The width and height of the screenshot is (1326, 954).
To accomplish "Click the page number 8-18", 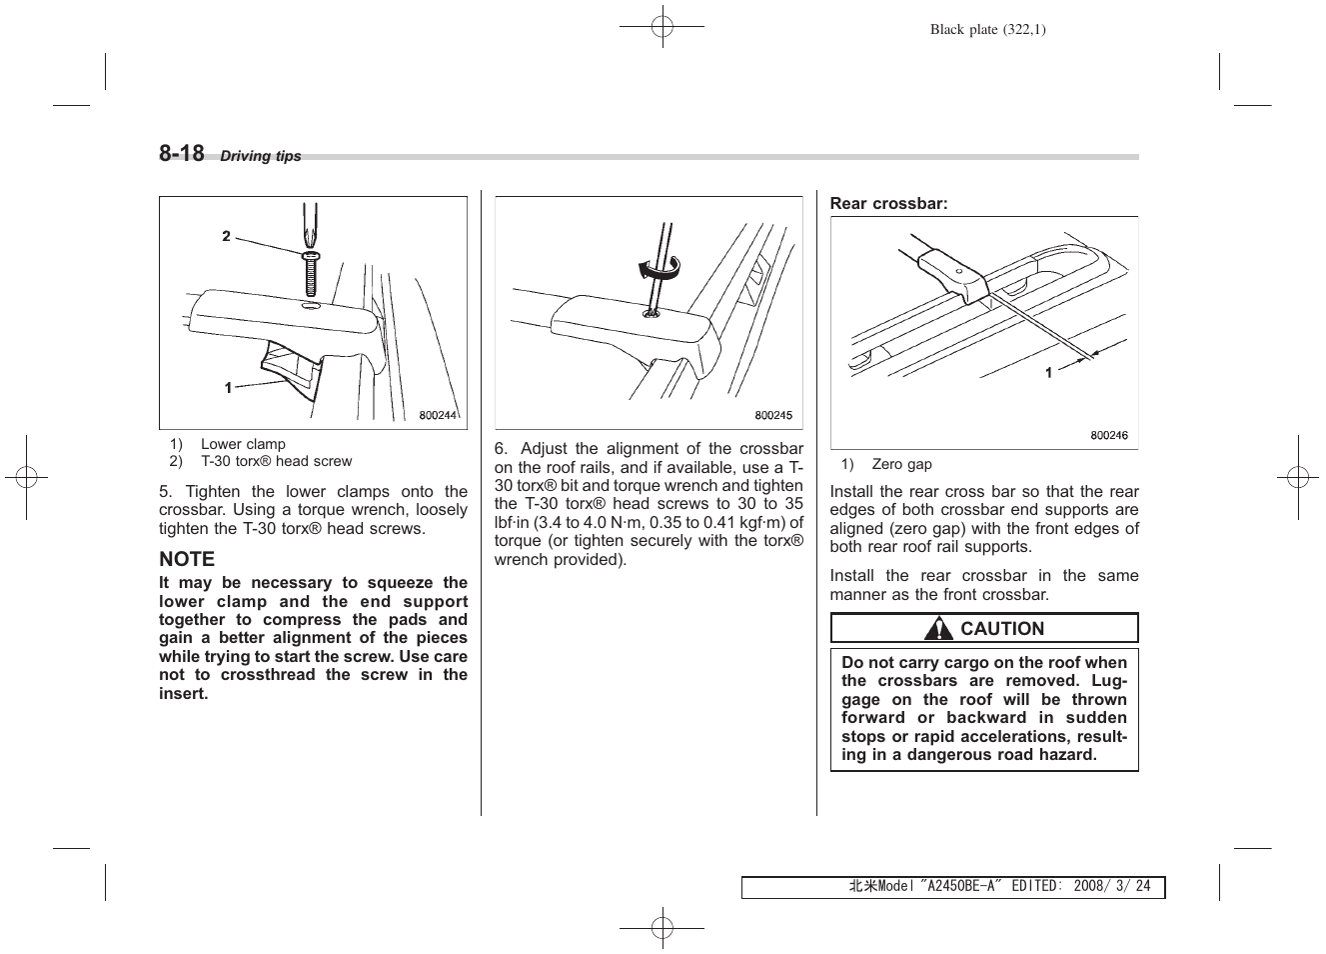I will coord(181,153).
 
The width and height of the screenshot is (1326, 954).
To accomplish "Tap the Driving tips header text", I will coord(260,157).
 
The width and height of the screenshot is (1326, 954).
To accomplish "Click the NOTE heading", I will coord(187,559).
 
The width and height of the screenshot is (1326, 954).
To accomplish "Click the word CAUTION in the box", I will coord(1001,629).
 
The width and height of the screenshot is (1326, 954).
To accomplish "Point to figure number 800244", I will coord(437,416).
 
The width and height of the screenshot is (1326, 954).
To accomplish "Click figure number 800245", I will coord(772,416).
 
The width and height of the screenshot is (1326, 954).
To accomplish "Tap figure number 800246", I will coord(1108,436).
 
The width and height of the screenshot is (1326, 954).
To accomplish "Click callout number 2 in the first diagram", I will coord(227,237).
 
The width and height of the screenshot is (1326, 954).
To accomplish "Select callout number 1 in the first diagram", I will coord(228,388).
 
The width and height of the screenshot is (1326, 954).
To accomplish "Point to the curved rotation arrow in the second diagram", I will coord(658,267).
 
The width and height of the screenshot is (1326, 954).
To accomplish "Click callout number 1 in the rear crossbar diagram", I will coord(1048,373).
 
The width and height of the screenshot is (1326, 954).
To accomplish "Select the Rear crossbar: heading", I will coord(888,203).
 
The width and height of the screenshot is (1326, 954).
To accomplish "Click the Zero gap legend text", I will coord(901,464).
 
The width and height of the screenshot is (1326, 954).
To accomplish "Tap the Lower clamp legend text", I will coord(243,444).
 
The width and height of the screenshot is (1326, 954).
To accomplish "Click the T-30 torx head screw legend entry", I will coord(276,461).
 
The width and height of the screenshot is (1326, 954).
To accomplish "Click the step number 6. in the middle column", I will coord(501,448).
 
